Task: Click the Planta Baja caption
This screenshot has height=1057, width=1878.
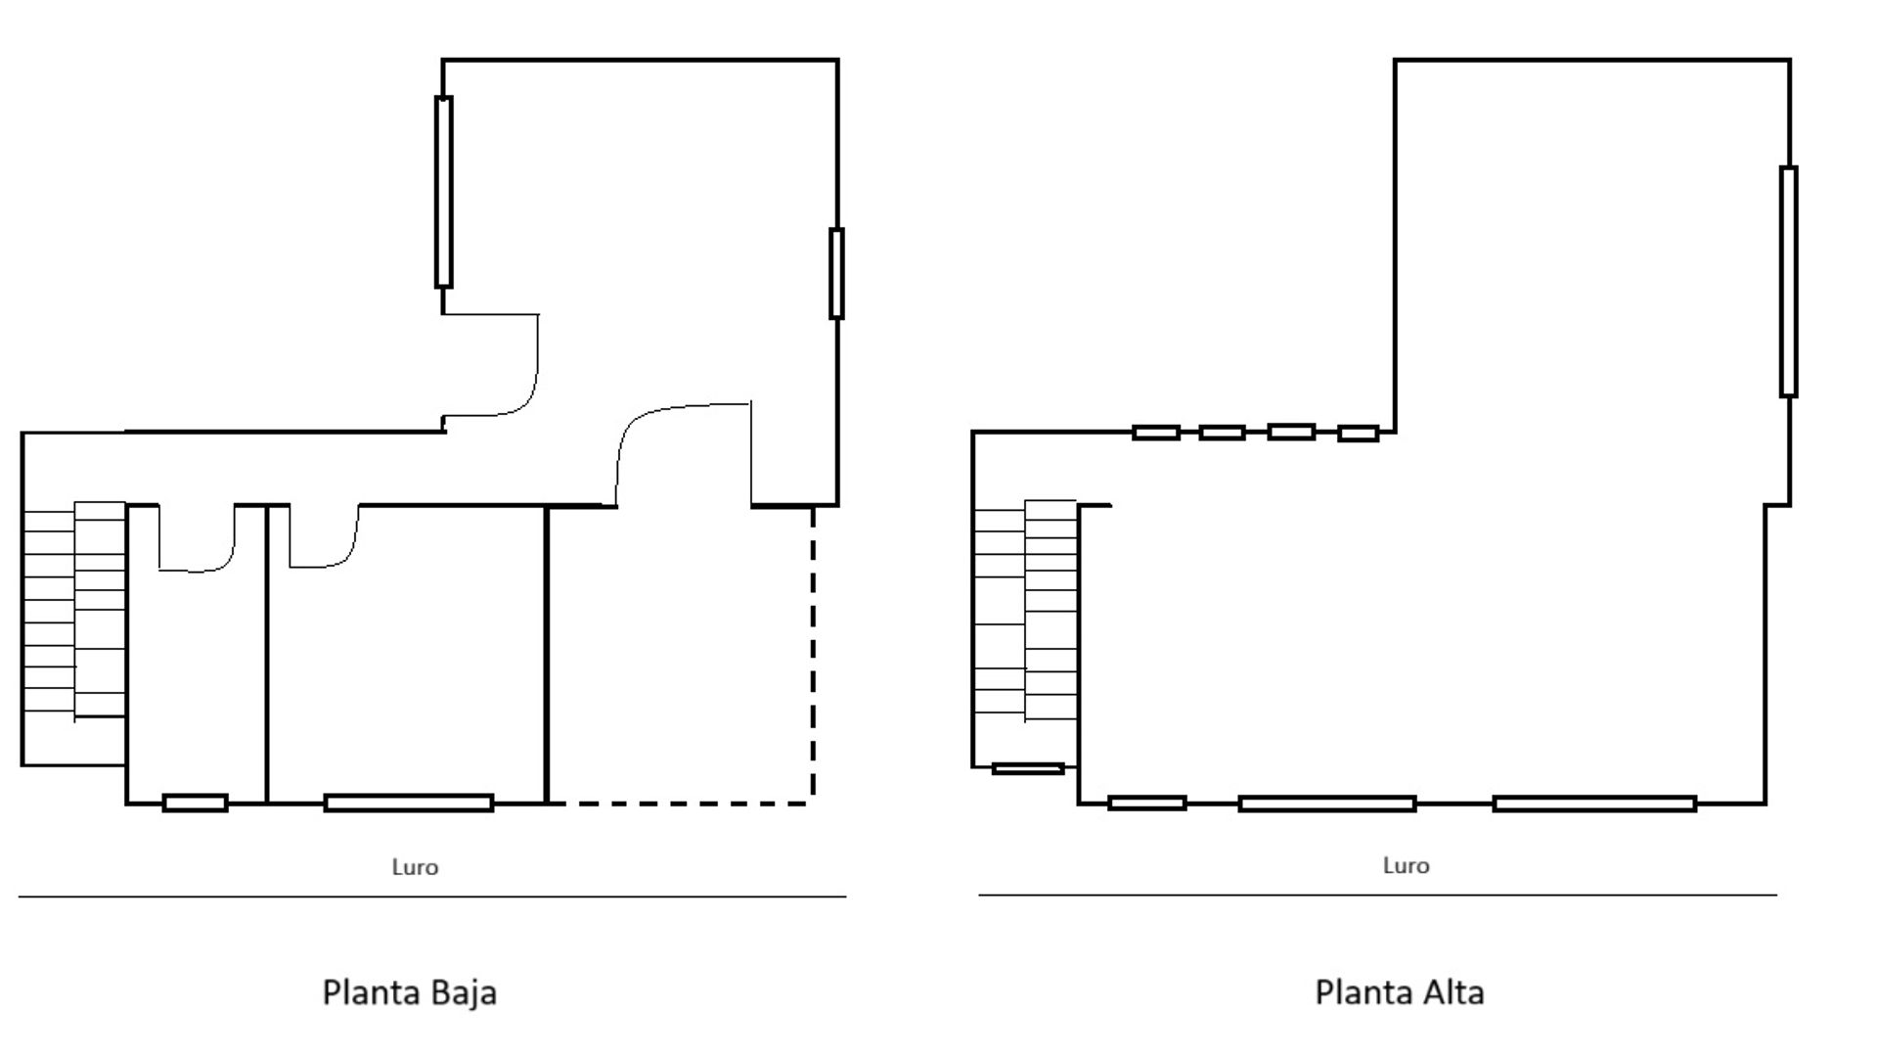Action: pyautogui.click(x=410, y=992)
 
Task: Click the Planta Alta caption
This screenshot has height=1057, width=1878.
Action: pyautogui.click(x=1400, y=992)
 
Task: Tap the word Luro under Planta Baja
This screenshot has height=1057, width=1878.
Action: pyautogui.click(x=415, y=867)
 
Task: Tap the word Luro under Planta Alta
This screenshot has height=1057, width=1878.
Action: pyautogui.click(x=1406, y=865)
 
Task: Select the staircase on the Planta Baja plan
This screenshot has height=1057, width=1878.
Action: pyautogui.click(x=74, y=611)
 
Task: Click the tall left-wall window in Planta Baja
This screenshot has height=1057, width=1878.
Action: pyautogui.click(x=443, y=192)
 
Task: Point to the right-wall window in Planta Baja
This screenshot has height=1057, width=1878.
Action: pyautogui.click(x=836, y=273)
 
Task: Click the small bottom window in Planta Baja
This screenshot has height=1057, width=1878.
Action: pyautogui.click(x=195, y=804)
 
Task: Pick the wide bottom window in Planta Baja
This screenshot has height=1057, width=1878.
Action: pyautogui.click(x=409, y=804)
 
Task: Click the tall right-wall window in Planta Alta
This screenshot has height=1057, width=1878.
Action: pyautogui.click(x=1788, y=282)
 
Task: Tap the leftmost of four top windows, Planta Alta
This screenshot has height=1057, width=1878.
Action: pyautogui.click(x=1155, y=432)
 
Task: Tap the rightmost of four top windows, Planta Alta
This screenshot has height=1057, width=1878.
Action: pyautogui.click(x=1358, y=433)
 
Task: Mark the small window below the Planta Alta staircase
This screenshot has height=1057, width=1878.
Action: pyautogui.click(x=1028, y=768)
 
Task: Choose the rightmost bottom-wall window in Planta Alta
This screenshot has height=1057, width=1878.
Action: pyautogui.click(x=1594, y=804)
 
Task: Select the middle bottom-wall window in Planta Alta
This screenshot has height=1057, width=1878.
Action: pyautogui.click(x=1327, y=804)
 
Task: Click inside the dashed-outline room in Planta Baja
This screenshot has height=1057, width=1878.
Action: pyautogui.click(x=680, y=656)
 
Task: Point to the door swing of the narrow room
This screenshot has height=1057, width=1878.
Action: pyautogui.click(x=198, y=538)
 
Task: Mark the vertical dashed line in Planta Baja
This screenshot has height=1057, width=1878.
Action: pyautogui.click(x=813, y=654)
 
